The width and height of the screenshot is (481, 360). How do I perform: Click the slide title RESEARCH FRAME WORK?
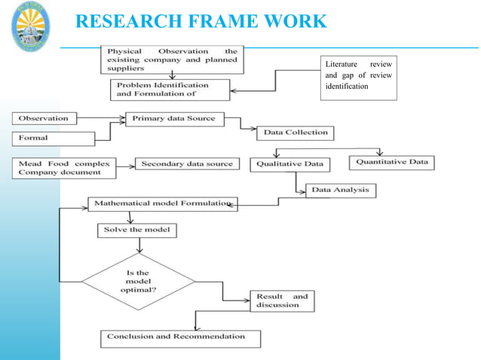(x=201, y=21)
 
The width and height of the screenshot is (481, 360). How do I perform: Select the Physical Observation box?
(x=172, y=59)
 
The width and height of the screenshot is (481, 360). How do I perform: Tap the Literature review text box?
(x=358, y=75)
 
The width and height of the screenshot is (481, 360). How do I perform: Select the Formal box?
(x=53, y=139)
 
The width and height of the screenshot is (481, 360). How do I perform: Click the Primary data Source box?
(x=173, y=118)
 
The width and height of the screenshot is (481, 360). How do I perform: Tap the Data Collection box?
(x=296, y=133)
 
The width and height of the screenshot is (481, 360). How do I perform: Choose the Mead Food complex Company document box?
(x=64, y=168)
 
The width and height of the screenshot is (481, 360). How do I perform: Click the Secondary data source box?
(x=187, y=163)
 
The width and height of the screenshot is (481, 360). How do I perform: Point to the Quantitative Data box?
(x=391, y=162)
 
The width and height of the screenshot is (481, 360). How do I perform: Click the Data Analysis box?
(x=341, y=190)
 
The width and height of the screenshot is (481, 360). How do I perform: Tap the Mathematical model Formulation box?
(x=162, y=204)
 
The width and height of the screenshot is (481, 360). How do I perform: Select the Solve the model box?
(x=136, y=229)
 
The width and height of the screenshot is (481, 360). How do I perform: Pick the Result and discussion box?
(x=282, y=301)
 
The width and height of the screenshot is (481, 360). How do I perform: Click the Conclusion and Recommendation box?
(x=180, y=337)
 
